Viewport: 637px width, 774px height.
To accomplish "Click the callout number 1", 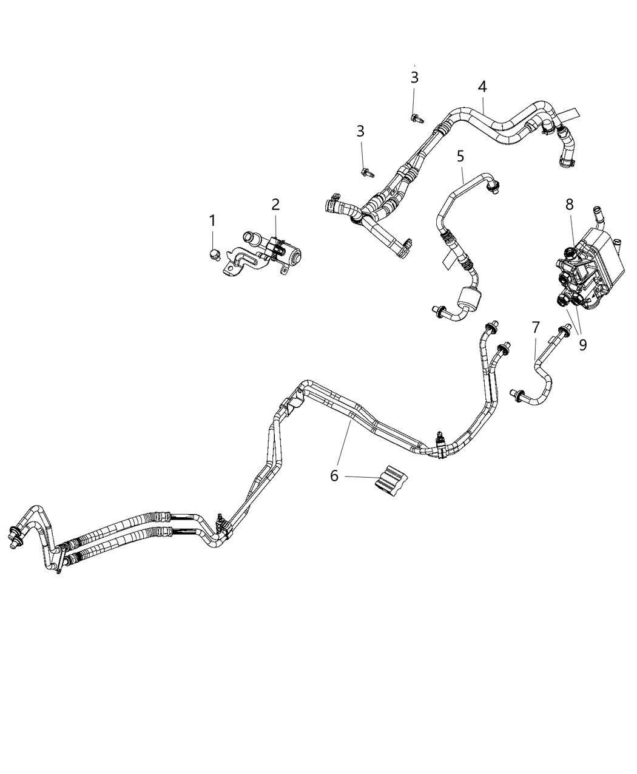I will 212,221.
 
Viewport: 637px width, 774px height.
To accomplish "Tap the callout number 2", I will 275,205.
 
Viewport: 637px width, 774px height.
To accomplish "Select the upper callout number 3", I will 414,78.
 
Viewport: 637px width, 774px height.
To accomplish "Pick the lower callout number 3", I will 361,131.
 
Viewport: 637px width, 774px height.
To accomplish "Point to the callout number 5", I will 460,156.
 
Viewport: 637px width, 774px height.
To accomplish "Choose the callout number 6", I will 334,475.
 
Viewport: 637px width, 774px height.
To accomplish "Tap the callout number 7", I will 535,328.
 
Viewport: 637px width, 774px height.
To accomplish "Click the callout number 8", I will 569,205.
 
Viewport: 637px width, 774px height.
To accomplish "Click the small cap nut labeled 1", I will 213,253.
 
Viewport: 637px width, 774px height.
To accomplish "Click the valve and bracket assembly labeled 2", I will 267,253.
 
